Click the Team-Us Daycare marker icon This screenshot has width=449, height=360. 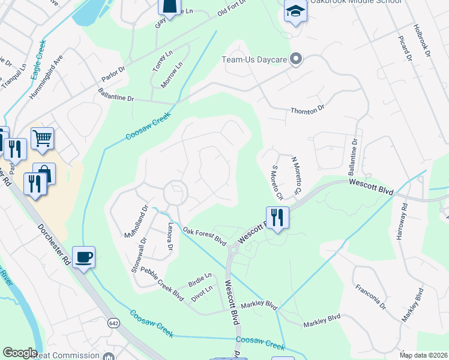pyautogui.click(x=295, y=59)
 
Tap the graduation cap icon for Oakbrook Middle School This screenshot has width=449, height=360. pyautogui.click(x=295, y=12)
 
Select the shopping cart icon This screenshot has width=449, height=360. pyautogui.click(x=42, y=139)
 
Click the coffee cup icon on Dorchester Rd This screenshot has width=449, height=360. pyautogui.click(x=84, y=257)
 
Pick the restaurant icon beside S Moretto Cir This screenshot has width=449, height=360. pyautogui.click(x=277, y=217)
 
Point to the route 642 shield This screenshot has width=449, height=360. pyautogui.click(x=113, y=323)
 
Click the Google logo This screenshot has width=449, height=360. pyautogui.click(x=20, y=353)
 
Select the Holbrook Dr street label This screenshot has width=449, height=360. pyautogui.click(x=423, y=41)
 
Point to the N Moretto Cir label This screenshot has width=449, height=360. pyautogui.click(x=295, y=176)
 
